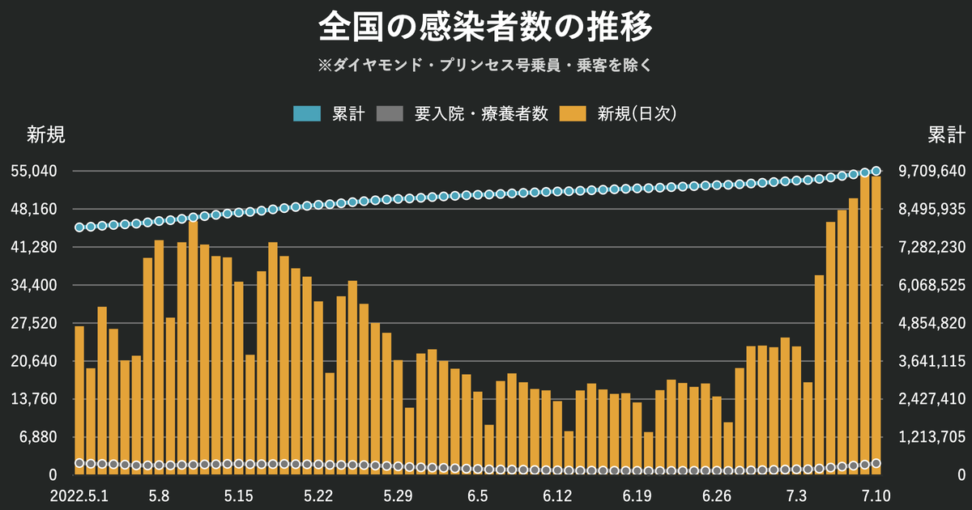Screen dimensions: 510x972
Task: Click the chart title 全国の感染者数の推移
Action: click(x=485, y=28)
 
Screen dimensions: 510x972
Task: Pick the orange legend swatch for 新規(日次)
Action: click(x=576, y=114)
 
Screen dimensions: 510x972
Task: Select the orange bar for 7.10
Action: click(x=876, y=324)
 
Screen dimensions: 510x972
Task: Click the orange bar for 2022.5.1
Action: click(x=79, y=397)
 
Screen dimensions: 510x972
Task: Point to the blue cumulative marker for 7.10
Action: click(x=876, y=171)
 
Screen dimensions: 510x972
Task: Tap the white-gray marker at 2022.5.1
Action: click(x=79, y=463)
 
